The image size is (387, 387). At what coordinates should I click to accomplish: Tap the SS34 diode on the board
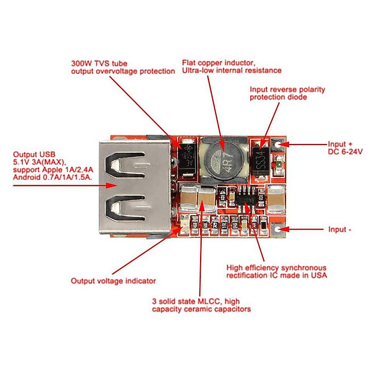[261, 162]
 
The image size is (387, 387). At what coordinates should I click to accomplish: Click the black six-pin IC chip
[247, 198]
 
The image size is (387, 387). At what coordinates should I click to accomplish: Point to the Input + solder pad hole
[278, 144]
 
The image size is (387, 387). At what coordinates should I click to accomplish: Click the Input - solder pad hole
[278, 229]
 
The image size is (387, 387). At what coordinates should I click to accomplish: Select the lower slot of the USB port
[125, 208]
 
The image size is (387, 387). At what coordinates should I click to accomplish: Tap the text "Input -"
[340, 230]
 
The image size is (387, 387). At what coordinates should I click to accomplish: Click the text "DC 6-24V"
[345, 152]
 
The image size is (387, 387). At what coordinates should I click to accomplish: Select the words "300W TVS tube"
[99, 63]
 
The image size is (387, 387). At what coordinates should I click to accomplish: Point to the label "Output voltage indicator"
[114, 281]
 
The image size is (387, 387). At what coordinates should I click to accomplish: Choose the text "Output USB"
[34, 154]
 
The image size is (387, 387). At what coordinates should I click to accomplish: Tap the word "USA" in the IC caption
[319, 275]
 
